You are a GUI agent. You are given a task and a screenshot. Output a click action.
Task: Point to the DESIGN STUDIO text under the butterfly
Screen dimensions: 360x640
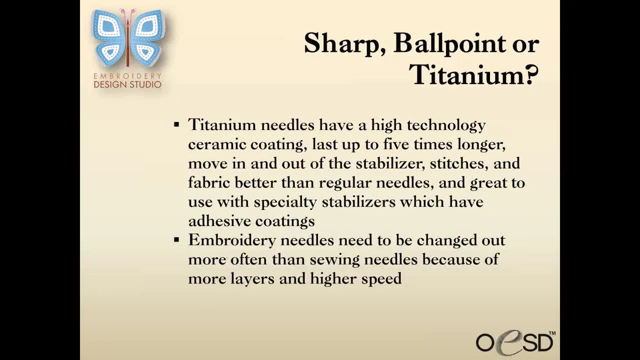click(x=127, y=84)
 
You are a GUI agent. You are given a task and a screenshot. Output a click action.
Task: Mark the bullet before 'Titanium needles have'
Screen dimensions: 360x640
click(x=176, y=124)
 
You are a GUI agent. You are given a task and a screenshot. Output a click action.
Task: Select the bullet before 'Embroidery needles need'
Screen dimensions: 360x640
click(x=176, y=240)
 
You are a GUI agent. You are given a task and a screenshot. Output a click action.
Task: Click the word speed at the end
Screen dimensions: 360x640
click(x=381, y=279)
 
